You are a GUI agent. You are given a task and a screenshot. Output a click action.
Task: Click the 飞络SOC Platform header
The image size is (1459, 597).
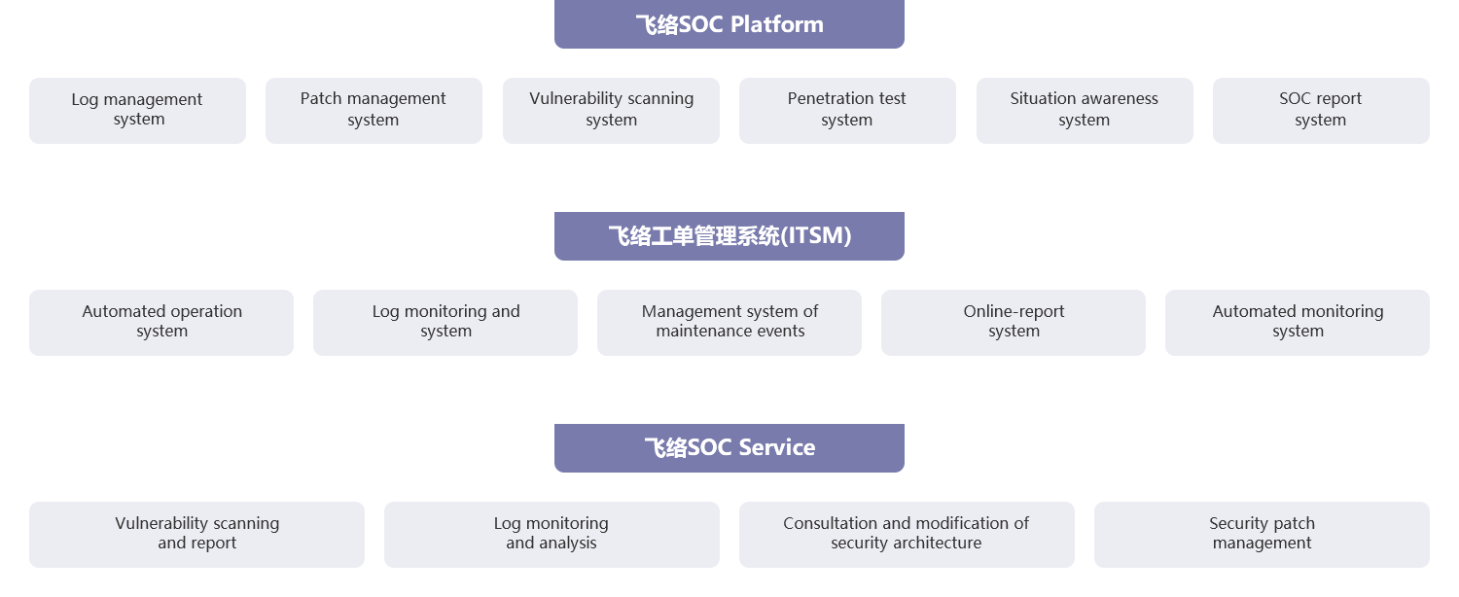(729, 24)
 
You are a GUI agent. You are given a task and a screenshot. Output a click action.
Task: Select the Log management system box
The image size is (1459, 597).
(137, 110)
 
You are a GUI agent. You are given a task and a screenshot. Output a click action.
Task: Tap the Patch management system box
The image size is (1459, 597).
(374, 110)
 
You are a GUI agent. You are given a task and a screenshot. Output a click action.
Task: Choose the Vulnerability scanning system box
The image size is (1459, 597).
(611, 110)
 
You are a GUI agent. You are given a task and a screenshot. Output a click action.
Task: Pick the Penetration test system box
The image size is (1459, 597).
(847, 110)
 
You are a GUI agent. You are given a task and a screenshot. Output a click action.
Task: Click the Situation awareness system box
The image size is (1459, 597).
(1085, 110)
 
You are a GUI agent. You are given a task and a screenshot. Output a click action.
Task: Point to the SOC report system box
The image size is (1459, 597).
(1321, 110)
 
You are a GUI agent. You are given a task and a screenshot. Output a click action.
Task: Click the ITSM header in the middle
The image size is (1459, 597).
(729, 235)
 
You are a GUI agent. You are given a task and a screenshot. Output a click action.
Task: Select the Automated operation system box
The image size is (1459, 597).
(161, 322)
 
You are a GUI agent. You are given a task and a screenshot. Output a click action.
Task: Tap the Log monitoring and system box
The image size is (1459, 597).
(445, 322)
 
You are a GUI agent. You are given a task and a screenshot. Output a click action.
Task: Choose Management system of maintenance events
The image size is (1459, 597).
(729, 322)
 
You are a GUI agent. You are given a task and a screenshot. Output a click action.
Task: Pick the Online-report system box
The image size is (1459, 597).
(1014, 322)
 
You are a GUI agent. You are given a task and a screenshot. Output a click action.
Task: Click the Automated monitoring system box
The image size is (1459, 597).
(1298, 322)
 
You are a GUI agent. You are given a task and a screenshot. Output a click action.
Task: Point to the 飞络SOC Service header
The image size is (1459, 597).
(729, 447)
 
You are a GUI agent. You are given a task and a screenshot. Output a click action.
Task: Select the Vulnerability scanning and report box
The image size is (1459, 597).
(196, 534)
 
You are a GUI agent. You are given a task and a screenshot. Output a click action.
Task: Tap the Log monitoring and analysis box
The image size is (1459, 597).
(552, 534)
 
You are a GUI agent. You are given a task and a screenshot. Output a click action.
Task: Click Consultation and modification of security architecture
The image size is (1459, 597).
(907, 534)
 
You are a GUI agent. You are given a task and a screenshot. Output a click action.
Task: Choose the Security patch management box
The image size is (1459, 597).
(1262, 534)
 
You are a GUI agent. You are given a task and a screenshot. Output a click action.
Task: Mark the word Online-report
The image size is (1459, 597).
(1014, 312)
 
